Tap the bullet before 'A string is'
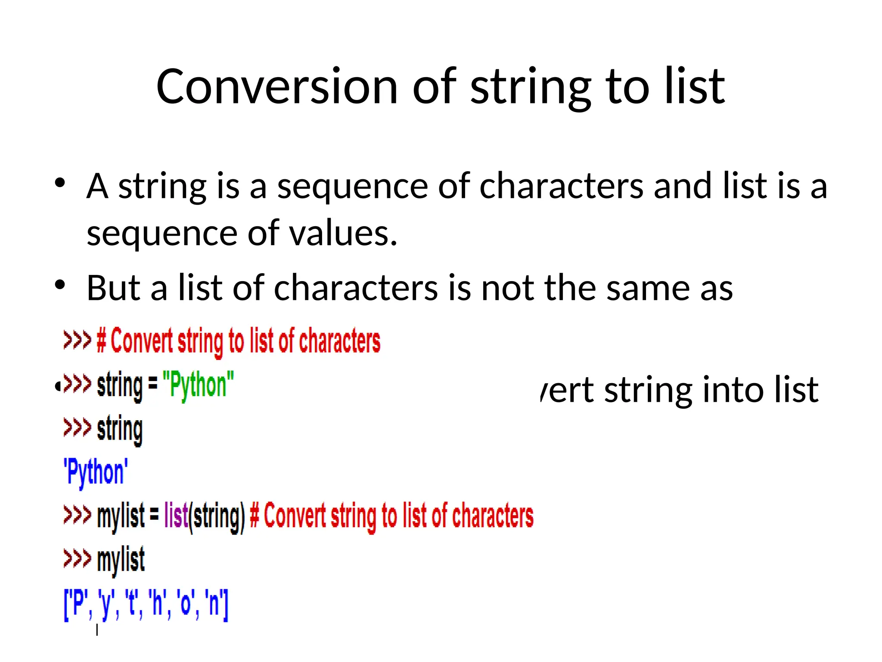point(60,183)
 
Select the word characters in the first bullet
point(561,186)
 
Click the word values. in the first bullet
point(343,234)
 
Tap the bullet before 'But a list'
point(60,285)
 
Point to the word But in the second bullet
point(114,288)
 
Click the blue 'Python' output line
point(96,472)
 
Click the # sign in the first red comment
point(101,340)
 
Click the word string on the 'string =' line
point(120,385)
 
